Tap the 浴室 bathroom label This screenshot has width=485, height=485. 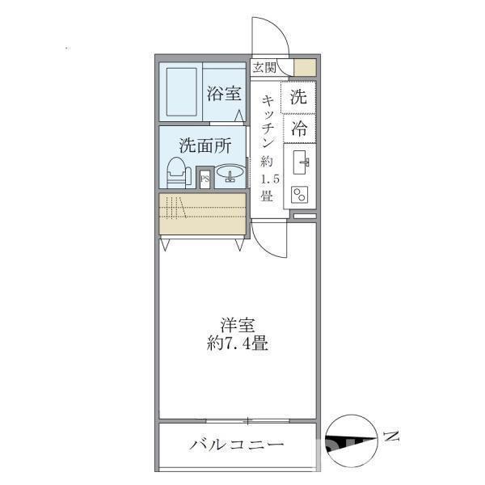223,93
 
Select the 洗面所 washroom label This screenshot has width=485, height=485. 205,146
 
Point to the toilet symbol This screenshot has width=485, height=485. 177,174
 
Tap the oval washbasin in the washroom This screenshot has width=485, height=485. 231,174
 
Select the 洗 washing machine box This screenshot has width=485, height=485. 298,99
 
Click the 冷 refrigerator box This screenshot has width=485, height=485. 298,127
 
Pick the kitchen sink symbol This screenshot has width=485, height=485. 303,162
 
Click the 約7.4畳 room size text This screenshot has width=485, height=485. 237,344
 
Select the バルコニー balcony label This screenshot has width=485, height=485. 237,445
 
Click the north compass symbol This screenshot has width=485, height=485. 352,441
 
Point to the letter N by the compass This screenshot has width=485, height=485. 393,437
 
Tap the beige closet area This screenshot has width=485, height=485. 202,214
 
